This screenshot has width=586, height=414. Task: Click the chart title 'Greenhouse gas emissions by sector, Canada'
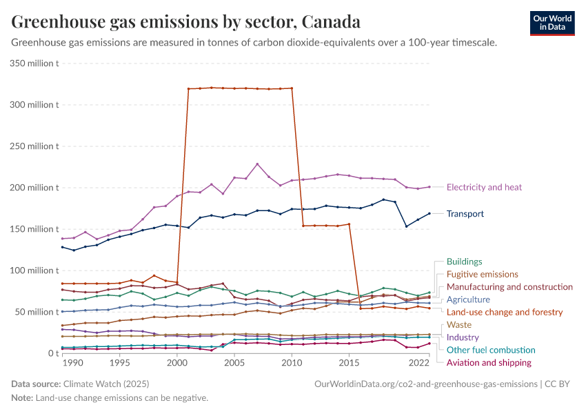pos(186,22)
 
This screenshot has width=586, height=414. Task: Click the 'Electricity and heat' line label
pos(484,187)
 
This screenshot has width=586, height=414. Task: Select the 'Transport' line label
pos(465,214)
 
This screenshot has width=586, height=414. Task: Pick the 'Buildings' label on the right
pos(464,262)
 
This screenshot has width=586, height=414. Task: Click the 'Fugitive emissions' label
pos(482,275)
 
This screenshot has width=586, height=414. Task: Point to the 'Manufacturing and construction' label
pos(509,287)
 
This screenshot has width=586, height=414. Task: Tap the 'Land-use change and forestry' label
pos(505,312)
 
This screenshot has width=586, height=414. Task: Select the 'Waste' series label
pos(459,324)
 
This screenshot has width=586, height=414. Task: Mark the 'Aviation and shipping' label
pos(489,362)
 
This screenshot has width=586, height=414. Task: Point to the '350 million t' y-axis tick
pos(33,63)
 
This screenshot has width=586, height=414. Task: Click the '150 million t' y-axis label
pos(33,229)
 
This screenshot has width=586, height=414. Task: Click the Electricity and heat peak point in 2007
pos(257,164)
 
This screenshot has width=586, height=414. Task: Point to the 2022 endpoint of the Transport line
pos(430,213)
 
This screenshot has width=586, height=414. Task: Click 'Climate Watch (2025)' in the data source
pos(106,383)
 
